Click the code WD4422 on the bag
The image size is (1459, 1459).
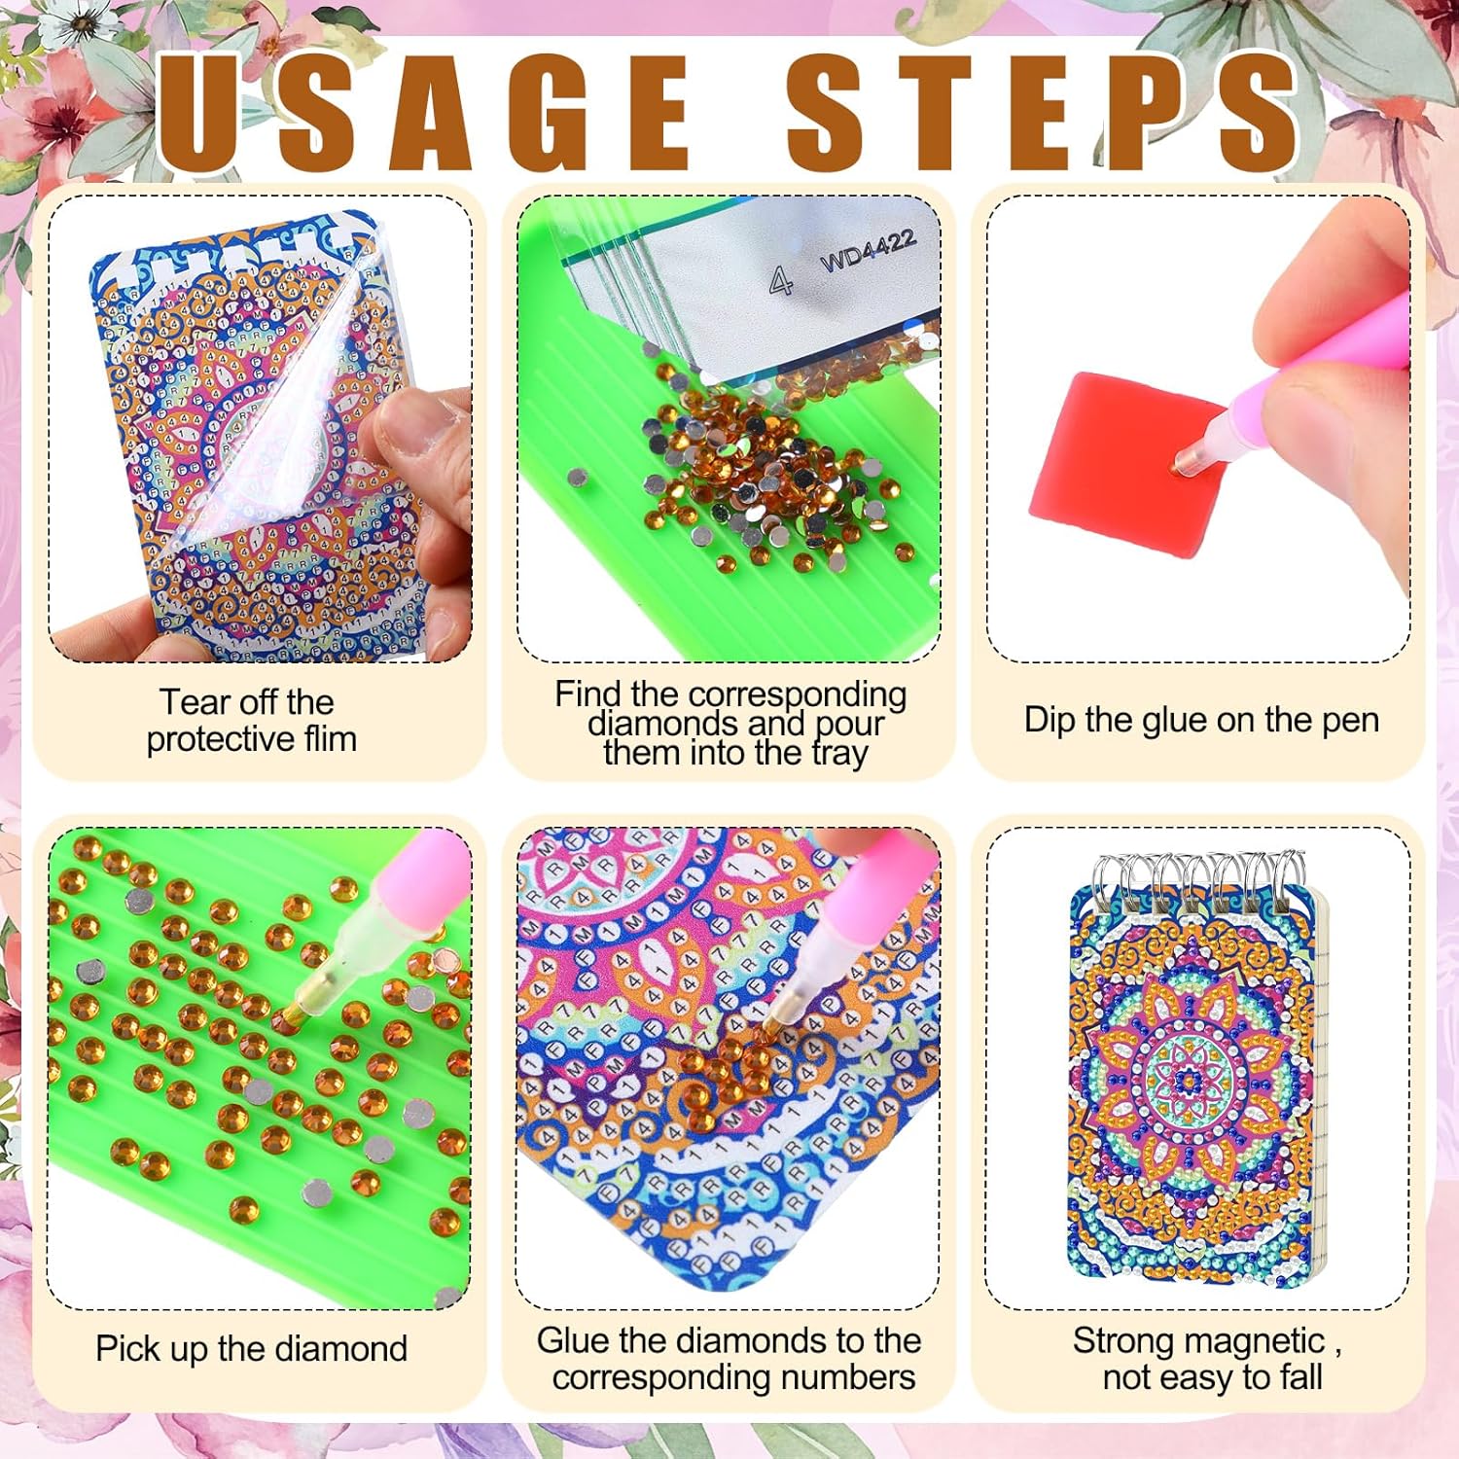tap(868, 252)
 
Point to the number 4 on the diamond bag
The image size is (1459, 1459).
tap(780, 281)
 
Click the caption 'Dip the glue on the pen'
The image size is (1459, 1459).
tap(1201, 720)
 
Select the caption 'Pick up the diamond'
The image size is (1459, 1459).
tap(251, 1349)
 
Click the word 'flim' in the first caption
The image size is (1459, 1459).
tap(331, 739)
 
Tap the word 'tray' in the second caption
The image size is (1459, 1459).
tap(839, 754)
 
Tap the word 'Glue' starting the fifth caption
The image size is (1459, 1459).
tap(571, 1340)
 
